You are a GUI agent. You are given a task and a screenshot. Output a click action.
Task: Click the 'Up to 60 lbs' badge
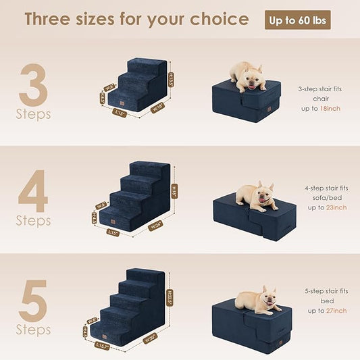click(x=297, y=20)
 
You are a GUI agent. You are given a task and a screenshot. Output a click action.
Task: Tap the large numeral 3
click(x=32, y=84)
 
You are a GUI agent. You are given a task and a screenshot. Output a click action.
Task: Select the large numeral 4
click(x=32, y=190)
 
